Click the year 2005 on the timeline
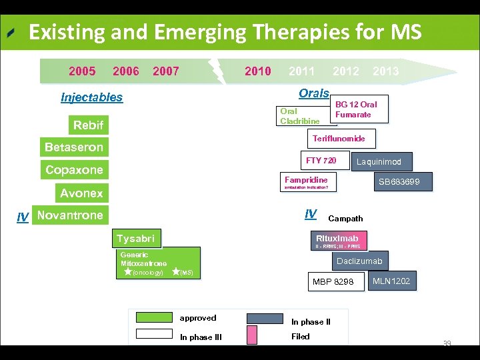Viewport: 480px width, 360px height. point(82,71)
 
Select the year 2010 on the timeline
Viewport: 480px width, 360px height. point(257,71)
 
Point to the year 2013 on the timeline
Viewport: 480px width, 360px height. point(385,71)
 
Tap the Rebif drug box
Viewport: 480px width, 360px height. point(88,125)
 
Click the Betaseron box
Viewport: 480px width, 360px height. point(73,147)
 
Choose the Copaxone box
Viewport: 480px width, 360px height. point(74,170)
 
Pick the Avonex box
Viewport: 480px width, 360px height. point(81,193)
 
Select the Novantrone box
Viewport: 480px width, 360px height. point(70,215)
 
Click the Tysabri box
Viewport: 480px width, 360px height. point(135,239)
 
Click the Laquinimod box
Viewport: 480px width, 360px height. point(379,161)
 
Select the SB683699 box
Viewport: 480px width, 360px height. point(399,181)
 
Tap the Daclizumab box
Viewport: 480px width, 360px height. point(359,261)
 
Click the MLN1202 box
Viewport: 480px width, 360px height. point(391,281)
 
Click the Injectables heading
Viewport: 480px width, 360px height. point(92,97)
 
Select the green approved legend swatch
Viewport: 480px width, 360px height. point(154,319)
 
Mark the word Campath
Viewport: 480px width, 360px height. point(345,219)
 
